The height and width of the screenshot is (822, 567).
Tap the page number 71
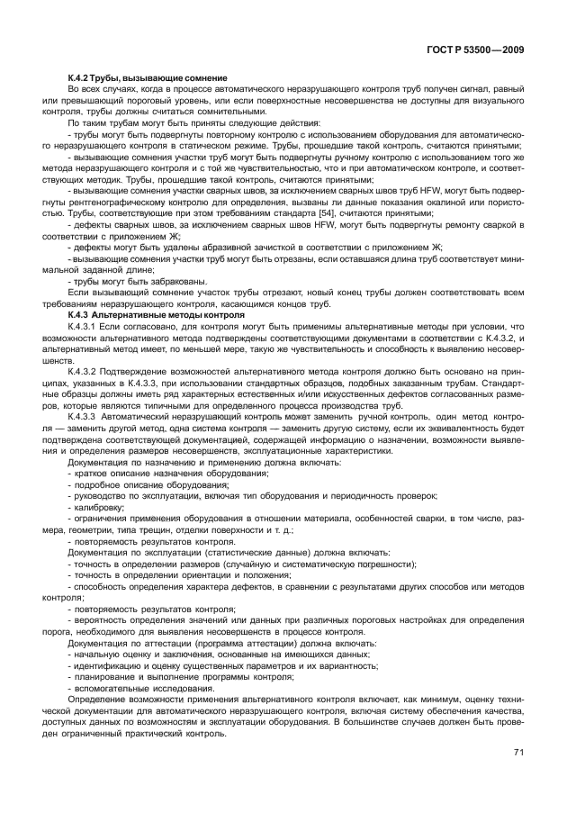tap(518, 752)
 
